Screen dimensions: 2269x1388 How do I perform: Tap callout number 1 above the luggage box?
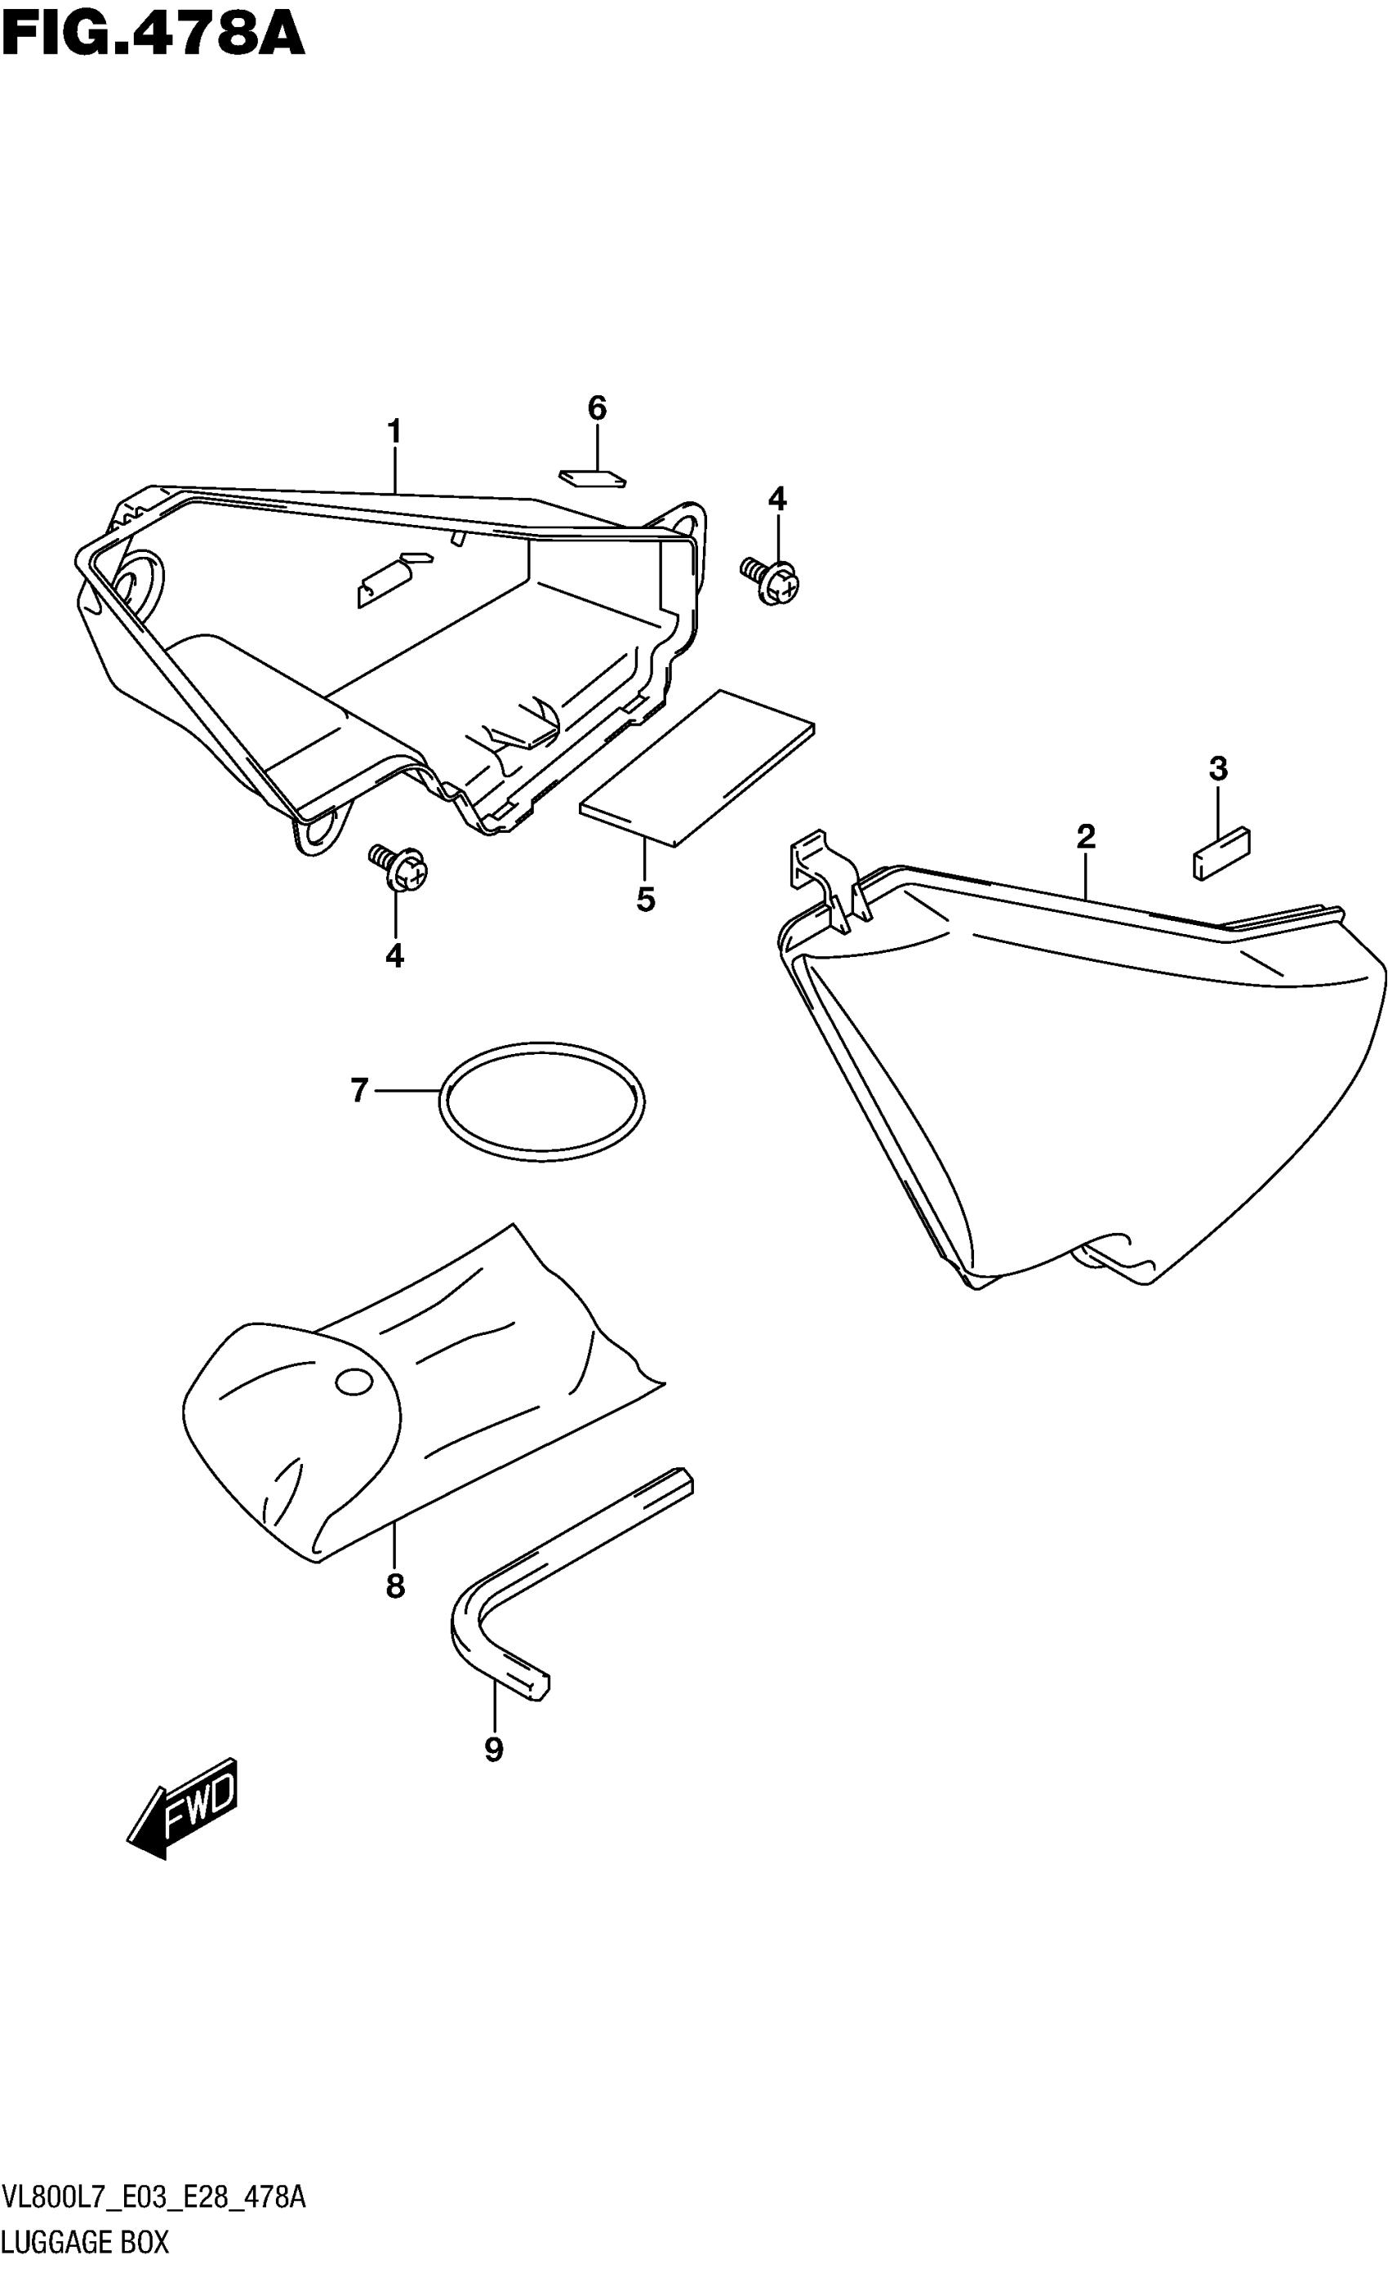[x=394, y=431]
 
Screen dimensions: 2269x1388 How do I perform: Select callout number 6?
[x=597, y=408]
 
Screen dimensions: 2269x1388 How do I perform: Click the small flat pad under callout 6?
[x=592, y=477]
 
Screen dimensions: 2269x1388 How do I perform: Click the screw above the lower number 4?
[x=400, y=866]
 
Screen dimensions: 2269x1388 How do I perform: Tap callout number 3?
[x=1217, y=768]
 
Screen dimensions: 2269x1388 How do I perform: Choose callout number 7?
[x=359, y=1091]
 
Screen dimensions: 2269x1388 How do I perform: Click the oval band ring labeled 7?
[x=541, y=1097]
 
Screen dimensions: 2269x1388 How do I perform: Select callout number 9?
[x=494, y=1750]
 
